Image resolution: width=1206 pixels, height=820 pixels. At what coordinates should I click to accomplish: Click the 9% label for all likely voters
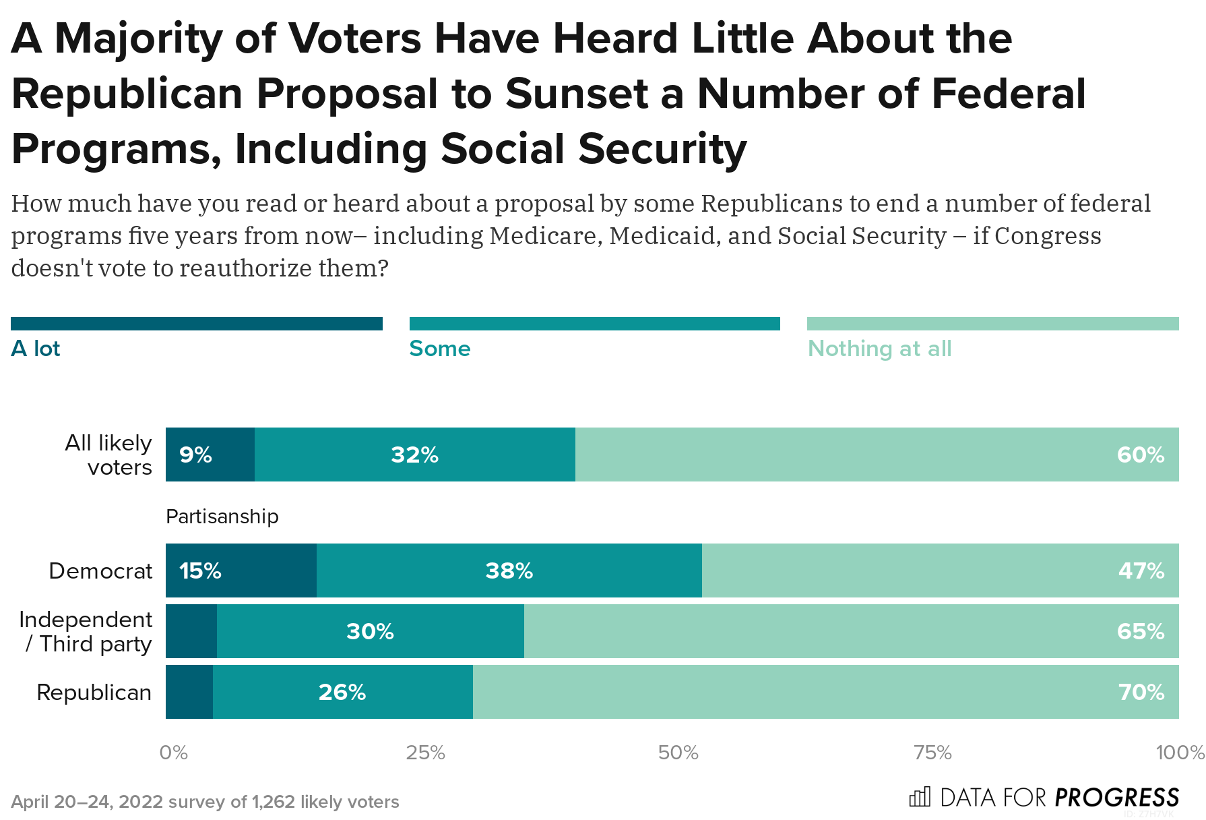coord(195,455)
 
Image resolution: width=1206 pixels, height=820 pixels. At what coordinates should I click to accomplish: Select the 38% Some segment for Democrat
coord(509,571)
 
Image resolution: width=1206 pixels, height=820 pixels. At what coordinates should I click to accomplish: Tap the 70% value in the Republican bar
coord(1141,693)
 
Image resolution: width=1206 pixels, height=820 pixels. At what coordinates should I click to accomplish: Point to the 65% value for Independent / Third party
coord(1141,632)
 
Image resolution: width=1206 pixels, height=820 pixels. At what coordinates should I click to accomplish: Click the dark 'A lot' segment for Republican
coord(189,693)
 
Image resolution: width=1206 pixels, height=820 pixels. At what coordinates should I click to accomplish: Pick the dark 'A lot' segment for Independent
coord(191,632)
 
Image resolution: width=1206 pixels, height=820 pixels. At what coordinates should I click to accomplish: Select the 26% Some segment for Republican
coord(342,693)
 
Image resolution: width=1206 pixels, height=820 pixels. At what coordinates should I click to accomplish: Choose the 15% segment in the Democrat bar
coord(200,571)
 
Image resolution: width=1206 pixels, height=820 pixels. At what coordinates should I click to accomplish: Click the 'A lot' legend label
coord(36,349)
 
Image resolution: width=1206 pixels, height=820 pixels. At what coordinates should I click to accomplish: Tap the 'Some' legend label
coord(440,349)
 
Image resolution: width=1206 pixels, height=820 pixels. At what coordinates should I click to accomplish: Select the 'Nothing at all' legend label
coord(879,349)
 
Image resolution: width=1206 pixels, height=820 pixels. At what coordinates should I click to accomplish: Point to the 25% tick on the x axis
coord(425,753)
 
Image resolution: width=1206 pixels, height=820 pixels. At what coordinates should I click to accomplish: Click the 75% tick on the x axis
coord(932,753)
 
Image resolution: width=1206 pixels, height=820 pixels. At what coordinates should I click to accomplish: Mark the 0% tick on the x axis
coord(173,753)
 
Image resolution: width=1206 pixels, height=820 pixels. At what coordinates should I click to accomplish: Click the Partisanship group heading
coord(222,517)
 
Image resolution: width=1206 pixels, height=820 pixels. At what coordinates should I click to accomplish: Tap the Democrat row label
coord(100,571)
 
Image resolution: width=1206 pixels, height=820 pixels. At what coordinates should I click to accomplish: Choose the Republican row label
coord(94,693)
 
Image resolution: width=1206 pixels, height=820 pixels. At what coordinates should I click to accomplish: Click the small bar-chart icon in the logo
coord(920,797)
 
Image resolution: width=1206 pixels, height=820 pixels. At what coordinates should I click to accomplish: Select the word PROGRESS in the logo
coord(1117,798)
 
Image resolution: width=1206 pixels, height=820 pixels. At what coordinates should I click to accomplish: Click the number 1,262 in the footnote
coord(273,802)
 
